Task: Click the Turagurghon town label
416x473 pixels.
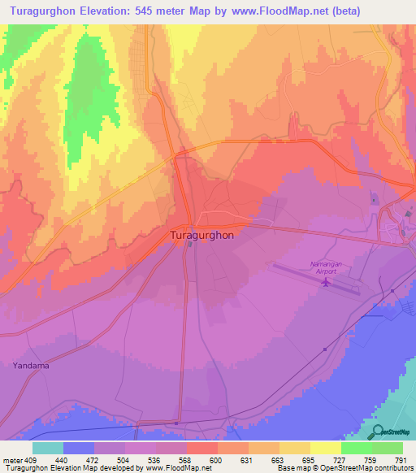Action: coord(202,235)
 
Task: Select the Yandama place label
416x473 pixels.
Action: coord(31,366)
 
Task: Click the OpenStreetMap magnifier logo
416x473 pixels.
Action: coord(378,432)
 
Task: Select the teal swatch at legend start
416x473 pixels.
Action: coord(48,448)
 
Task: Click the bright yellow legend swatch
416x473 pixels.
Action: coord(326,448)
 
